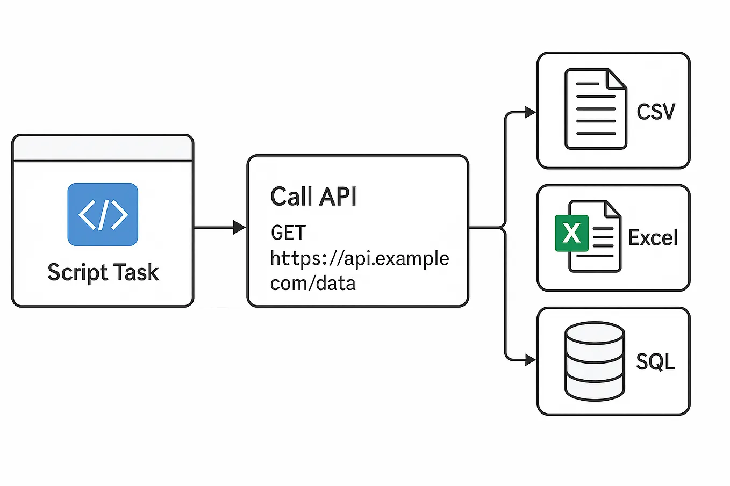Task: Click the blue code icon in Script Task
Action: (x=103, y=214)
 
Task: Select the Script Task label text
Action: (x=103, y=272)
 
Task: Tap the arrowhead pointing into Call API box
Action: (x=239, y=228)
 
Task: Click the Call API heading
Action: (x=313, y=197)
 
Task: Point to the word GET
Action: (x=288, y=233)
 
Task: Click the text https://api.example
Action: (x=359, y=258)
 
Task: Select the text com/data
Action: (x=313, y=283)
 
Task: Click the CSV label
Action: (x=655, y=112)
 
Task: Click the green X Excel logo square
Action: (x=571, y=233)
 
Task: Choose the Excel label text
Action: (x=653, y=237)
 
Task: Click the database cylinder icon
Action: (x=595, y=361)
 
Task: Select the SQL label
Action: (x=655, y=361)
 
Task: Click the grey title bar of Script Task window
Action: (x=103, y=148)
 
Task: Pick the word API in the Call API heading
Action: (x=338, y=197)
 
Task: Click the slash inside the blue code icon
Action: (x=103, y=214)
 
